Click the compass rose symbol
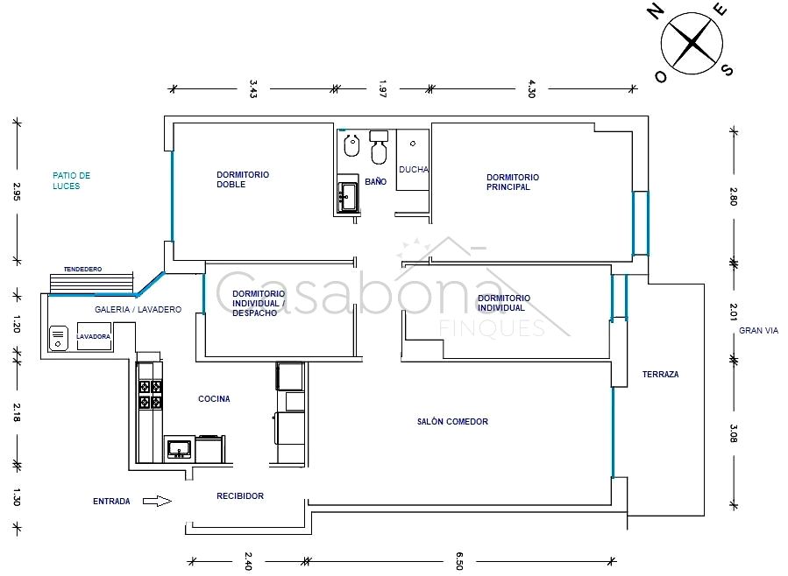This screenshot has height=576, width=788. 692,44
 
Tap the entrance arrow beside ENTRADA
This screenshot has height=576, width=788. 157,501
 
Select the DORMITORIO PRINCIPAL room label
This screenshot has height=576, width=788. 513,182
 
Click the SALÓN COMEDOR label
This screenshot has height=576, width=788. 452,421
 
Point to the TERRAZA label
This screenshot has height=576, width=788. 660,375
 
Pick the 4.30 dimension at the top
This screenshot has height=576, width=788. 532,88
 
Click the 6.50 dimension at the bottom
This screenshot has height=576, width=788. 458,561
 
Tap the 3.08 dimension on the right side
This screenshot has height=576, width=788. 734,433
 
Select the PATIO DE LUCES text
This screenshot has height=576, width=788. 71,180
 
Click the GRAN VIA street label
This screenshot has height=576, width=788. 758,331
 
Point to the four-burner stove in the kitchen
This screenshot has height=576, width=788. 150,395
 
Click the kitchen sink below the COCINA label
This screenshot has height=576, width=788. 179,448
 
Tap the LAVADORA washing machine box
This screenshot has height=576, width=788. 94,336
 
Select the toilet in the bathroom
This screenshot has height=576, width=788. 379,147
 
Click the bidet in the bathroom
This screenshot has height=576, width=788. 351,145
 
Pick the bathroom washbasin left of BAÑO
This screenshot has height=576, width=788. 348,196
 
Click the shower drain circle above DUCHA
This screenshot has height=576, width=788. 413,144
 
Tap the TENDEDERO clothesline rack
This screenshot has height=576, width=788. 91,282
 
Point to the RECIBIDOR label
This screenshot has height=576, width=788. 240,495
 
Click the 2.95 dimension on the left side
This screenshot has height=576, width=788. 17,191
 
